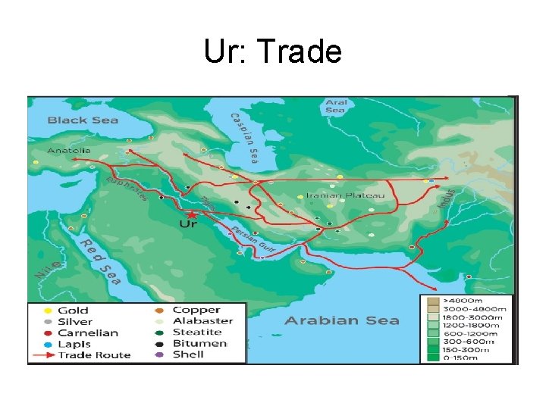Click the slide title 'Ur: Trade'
tap(273, 52)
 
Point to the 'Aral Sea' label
tap(335, 106)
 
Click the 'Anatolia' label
tap(69, 151)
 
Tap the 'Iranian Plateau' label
tap(345, 195)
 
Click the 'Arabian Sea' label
tap(341, 320)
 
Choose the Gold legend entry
tap(73, 311)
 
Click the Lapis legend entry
tap(74, 344)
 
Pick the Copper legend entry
tap(196, 310)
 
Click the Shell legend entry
tap(188, 354)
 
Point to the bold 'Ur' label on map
tap(188, 224)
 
